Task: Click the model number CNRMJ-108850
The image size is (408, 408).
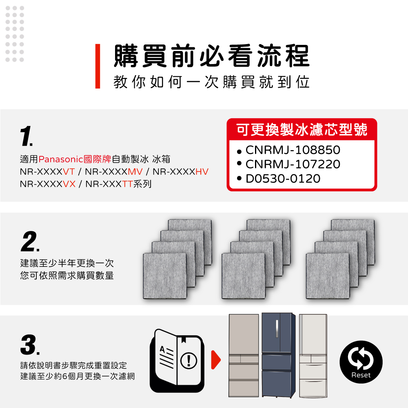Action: pyautogui.click(x=293, y=150)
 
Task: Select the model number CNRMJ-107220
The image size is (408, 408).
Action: pyautogui.click(x=293, y=164)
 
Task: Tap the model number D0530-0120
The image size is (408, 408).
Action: pyautogui.click(x=283, y=179)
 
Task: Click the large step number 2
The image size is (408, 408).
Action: pyautogui.click(x=30, y=242)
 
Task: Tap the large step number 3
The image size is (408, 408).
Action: pyautogui.click(x=30, y=345)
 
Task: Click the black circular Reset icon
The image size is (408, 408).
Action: pyautogui.click(x=361, y=362)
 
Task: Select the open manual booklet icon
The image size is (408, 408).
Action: pyautogui.click(x=177, y=361)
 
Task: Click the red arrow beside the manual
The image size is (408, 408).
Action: pyautogui.click(x=216, y=360)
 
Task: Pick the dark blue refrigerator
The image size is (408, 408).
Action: pyautogui.click(x=278, y=355)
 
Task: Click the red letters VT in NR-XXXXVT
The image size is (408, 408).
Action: pyautogui.click(x=69, y=172)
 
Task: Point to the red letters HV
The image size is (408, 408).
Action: pyautogui.click(x=202, y=172)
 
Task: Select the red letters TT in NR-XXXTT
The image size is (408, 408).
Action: pyautogui.click(x=127, y=184)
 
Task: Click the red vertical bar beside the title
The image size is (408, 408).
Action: pyautogui.click(x=98, y=66)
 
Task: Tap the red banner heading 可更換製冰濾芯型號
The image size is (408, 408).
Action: pyautogui.click(x=302, y=130)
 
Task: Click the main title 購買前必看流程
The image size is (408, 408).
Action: pyautogui.click(x=212, y=55)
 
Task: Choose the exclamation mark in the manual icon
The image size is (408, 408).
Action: pyautogui.click(x=188, y=360)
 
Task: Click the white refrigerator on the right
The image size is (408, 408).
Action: pyautogui.click(x=313, y=356)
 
